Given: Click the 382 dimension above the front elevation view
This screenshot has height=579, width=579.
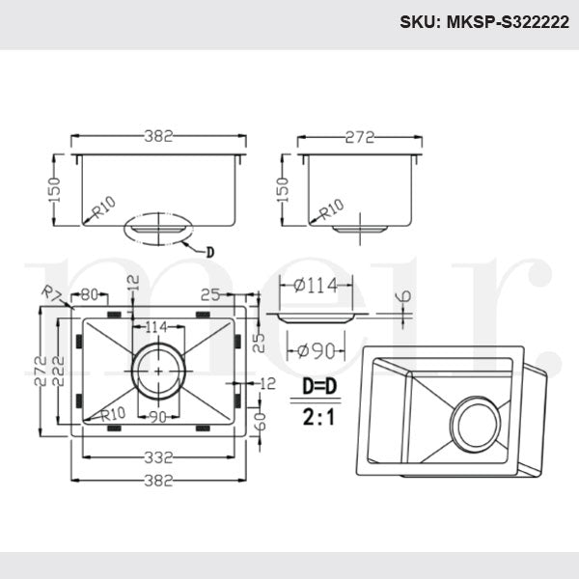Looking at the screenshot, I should coord(159,137).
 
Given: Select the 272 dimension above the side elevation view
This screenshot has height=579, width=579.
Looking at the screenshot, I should coord(359,137).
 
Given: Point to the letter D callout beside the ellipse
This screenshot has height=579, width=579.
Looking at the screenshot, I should coord(211,253).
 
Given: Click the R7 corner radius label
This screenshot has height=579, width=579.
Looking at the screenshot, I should coord(51,293).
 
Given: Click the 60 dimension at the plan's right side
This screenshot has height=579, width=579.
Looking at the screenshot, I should coord(257,421).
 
